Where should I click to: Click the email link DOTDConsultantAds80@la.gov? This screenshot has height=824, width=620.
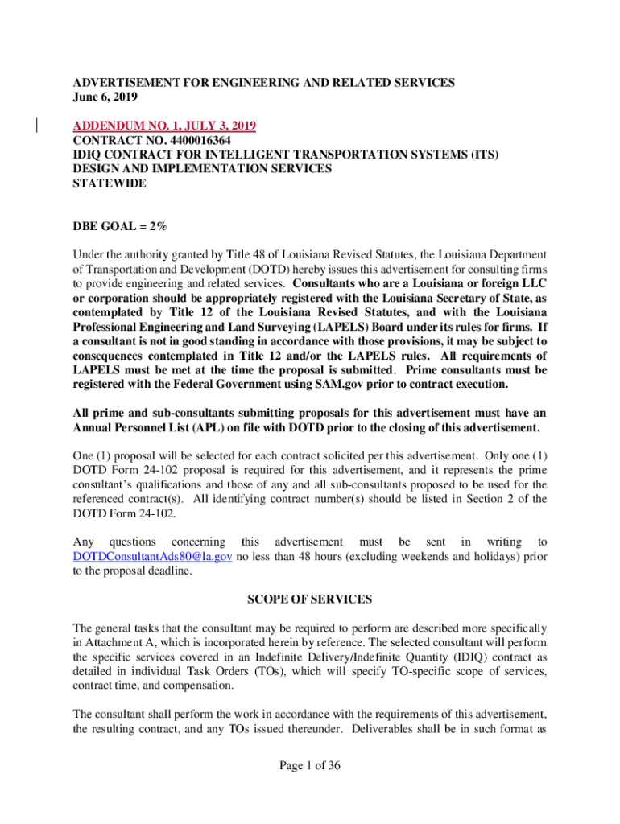tap(153, 556)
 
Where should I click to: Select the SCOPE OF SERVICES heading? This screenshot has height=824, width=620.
tap(309, 599)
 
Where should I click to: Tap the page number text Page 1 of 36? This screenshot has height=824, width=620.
tap(310, 766)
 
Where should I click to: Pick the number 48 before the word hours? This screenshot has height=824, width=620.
tap(323, 556)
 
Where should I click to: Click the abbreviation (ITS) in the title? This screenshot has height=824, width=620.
tap(482, 154)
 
